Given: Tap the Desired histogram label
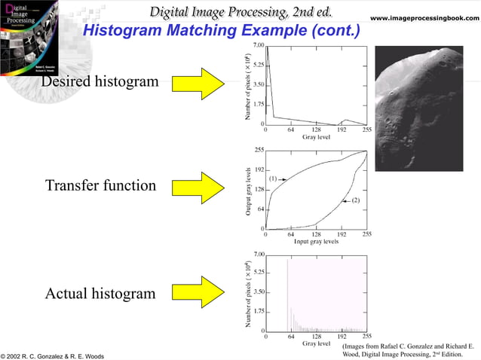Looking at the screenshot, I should click(x=100, y=81).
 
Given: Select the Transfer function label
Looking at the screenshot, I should click(x=100, y=185).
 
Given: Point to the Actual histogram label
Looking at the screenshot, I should click(x=100, y=293).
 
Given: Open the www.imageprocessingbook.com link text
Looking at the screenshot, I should click(x=424, y=17).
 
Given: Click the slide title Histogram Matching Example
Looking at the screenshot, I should click(x=220, y=31).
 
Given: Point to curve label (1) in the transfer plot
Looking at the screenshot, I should click(x=274, y=178).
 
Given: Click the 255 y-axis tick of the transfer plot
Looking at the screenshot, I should click(x=259, y=151).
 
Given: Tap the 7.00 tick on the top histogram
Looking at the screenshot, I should click(x=258, y=46).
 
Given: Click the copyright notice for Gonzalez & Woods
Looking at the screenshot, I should click(x=53, y=355).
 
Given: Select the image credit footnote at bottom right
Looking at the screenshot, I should click(x=407, y=349).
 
